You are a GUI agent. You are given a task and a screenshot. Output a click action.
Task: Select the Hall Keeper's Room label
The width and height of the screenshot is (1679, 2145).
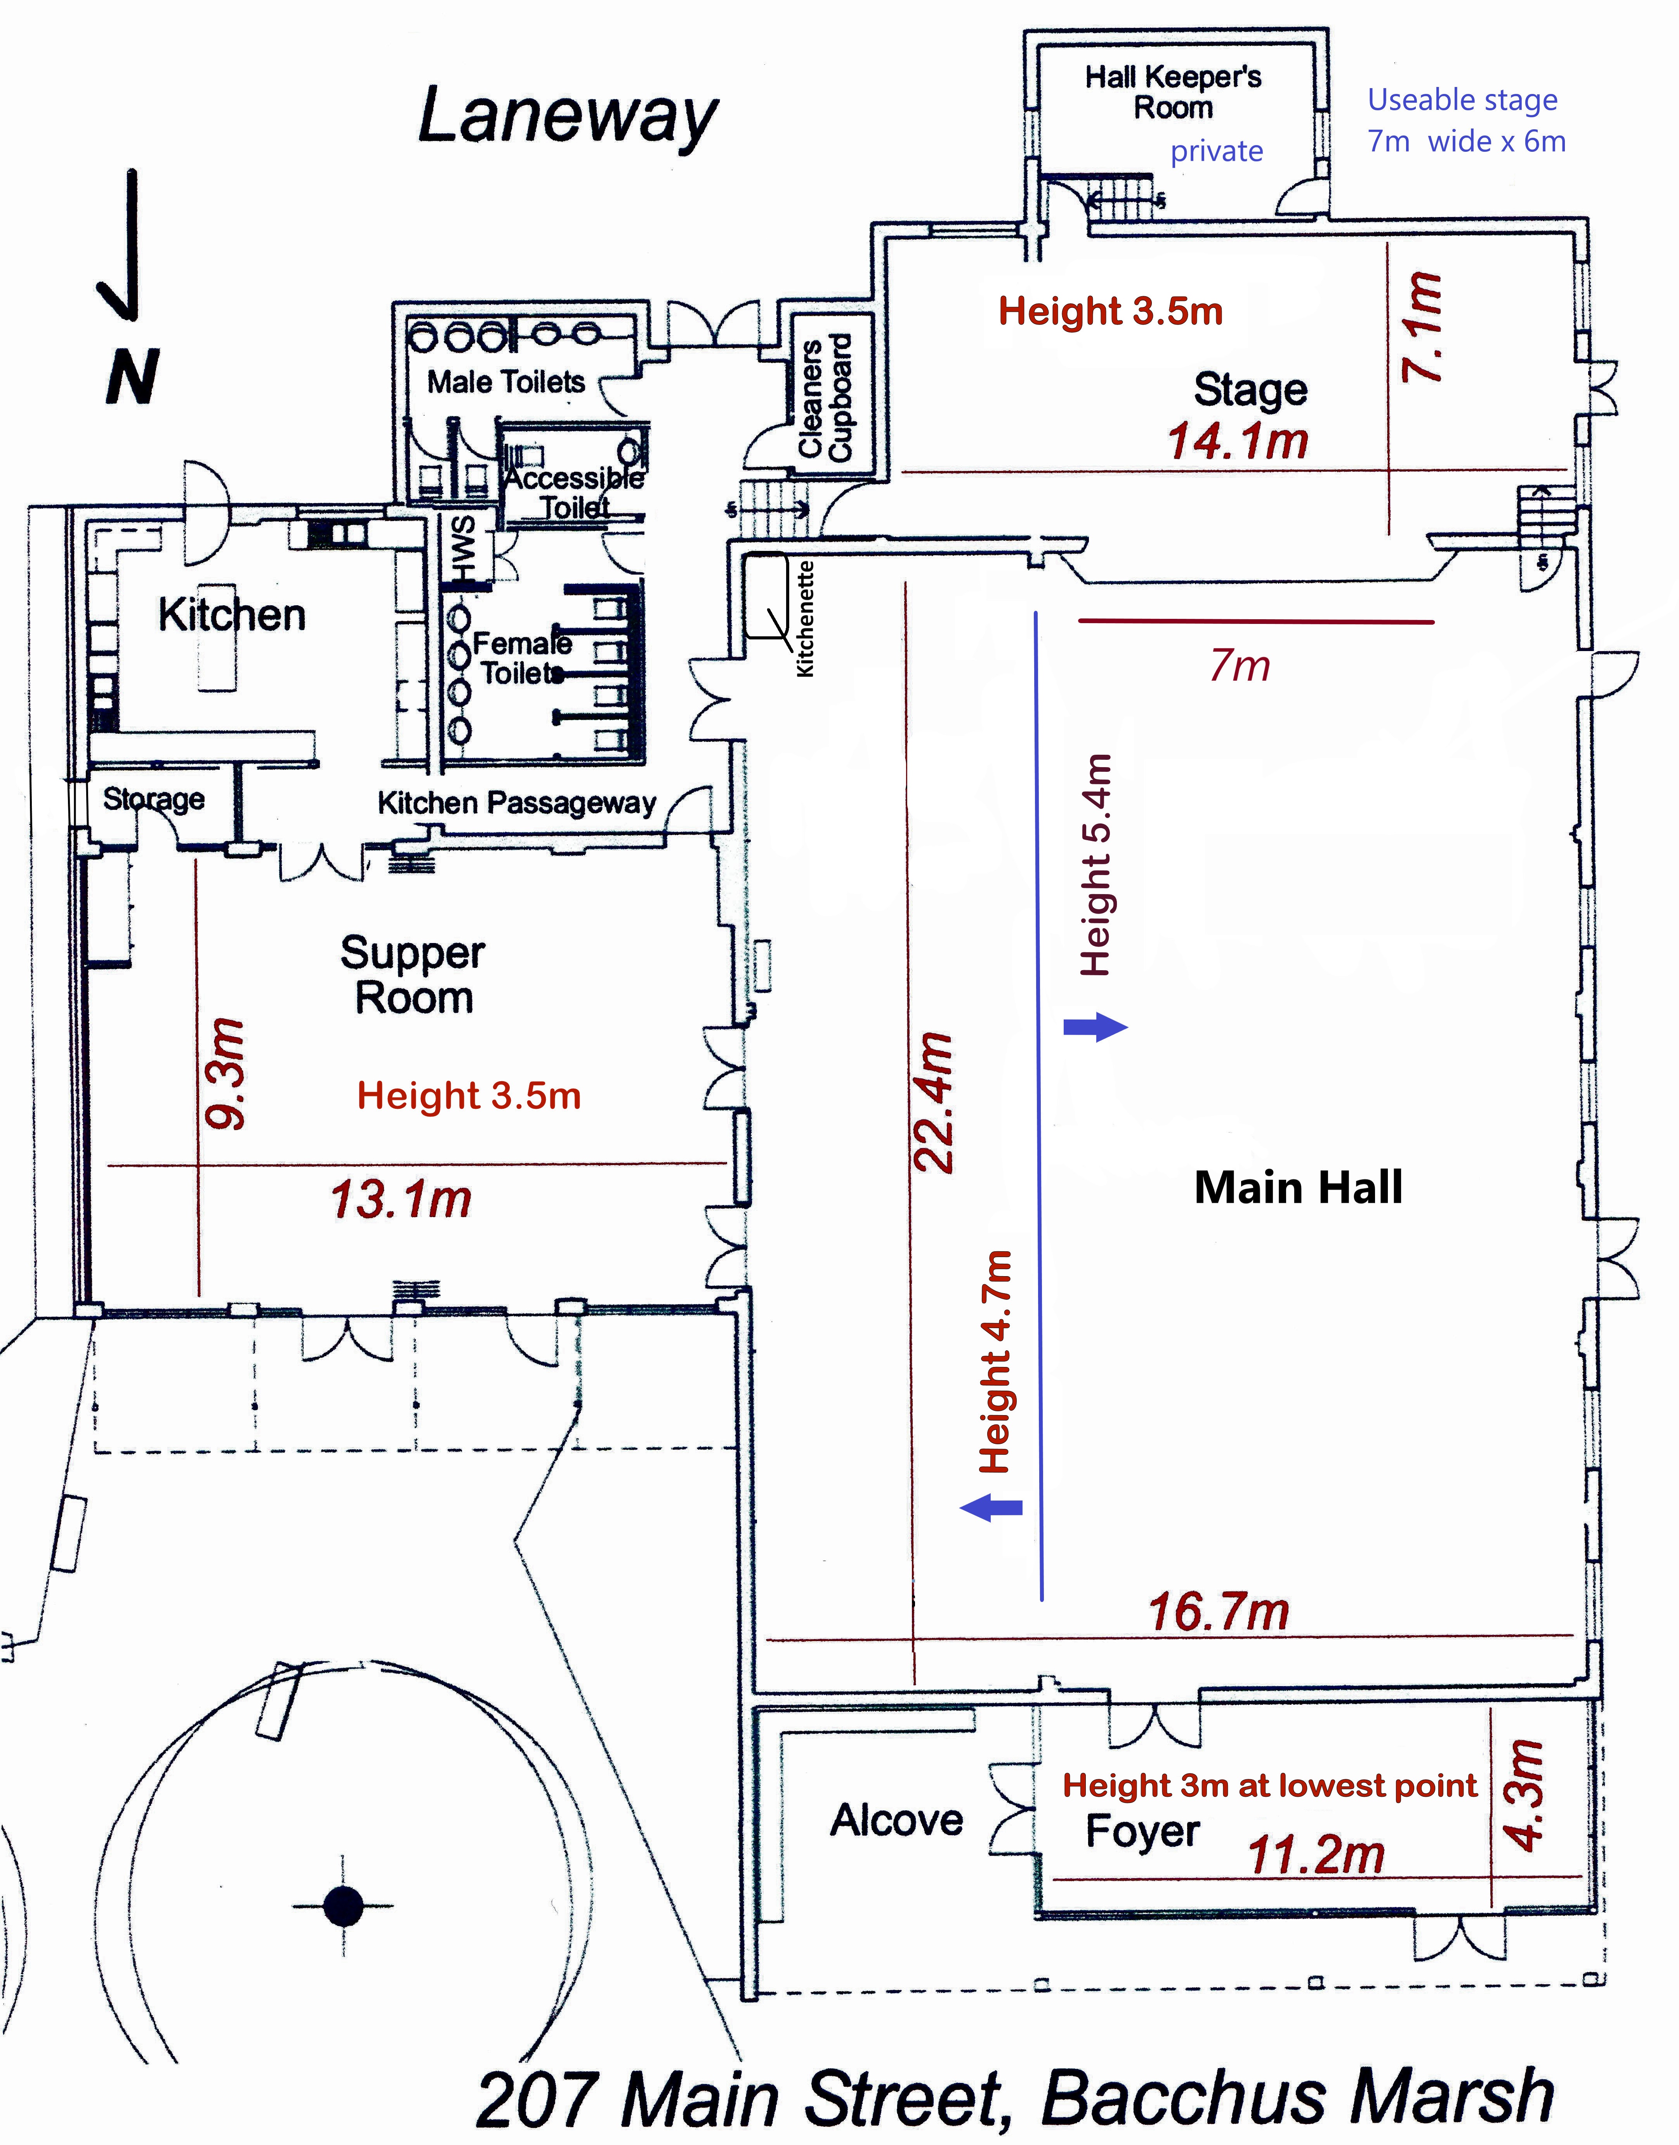point(1173,91)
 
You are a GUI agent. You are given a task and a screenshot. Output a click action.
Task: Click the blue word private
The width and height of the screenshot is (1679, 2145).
point(1216,151)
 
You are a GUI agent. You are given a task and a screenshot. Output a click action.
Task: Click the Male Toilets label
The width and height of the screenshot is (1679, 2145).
point(505,381)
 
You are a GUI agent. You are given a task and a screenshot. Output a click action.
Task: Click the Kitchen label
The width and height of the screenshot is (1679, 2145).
point(232,615)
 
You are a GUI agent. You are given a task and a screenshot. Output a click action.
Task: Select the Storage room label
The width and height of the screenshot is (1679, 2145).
point(153,798)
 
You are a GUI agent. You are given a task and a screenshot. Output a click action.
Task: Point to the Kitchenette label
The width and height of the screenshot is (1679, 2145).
point(805,618)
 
